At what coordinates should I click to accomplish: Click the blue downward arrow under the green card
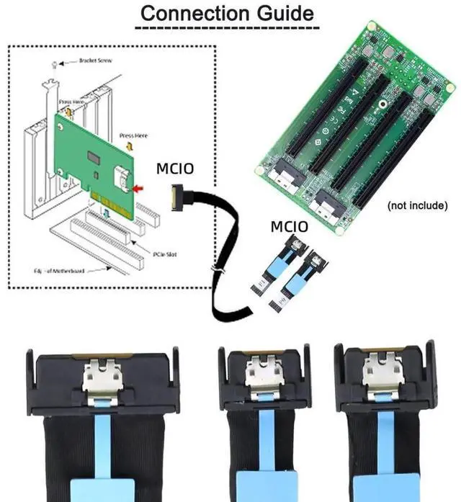pos(105,211)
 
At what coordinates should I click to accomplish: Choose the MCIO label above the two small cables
pos(290,228)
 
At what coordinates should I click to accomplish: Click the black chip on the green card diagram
pos(94,157)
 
